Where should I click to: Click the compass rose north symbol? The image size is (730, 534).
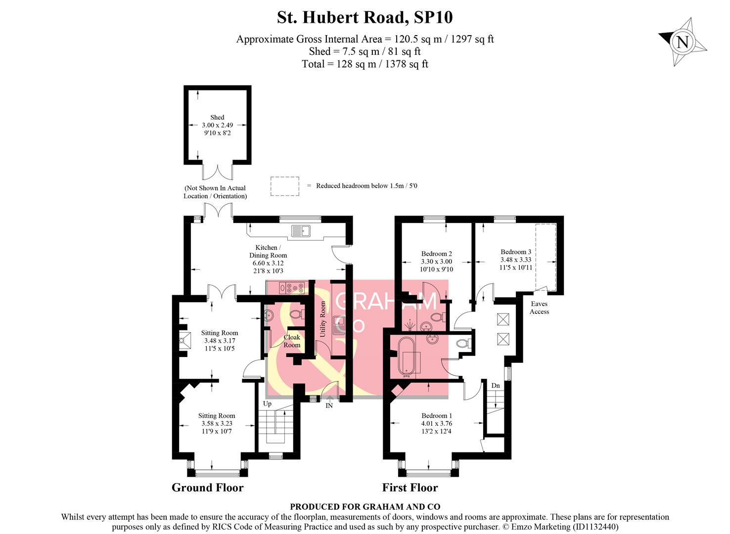click(683, 42)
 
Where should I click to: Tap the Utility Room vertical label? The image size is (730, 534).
click(323, 319)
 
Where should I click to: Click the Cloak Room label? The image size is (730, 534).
click(291, 341)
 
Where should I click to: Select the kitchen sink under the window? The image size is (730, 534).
click(301, 230)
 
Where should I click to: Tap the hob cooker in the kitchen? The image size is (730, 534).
click(291, 287)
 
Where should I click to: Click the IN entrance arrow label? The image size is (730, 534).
click(329, 405)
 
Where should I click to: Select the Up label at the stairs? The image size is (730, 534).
click(267, 403)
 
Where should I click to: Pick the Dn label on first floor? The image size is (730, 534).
click(495, 386)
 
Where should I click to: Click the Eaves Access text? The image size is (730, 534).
click(539, 308)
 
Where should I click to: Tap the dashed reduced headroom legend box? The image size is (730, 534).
click(284, 186)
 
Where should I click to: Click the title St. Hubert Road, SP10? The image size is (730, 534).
click(365, 17)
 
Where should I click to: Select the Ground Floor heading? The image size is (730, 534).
click(207, 488)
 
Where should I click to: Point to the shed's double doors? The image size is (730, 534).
click(217, 172)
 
